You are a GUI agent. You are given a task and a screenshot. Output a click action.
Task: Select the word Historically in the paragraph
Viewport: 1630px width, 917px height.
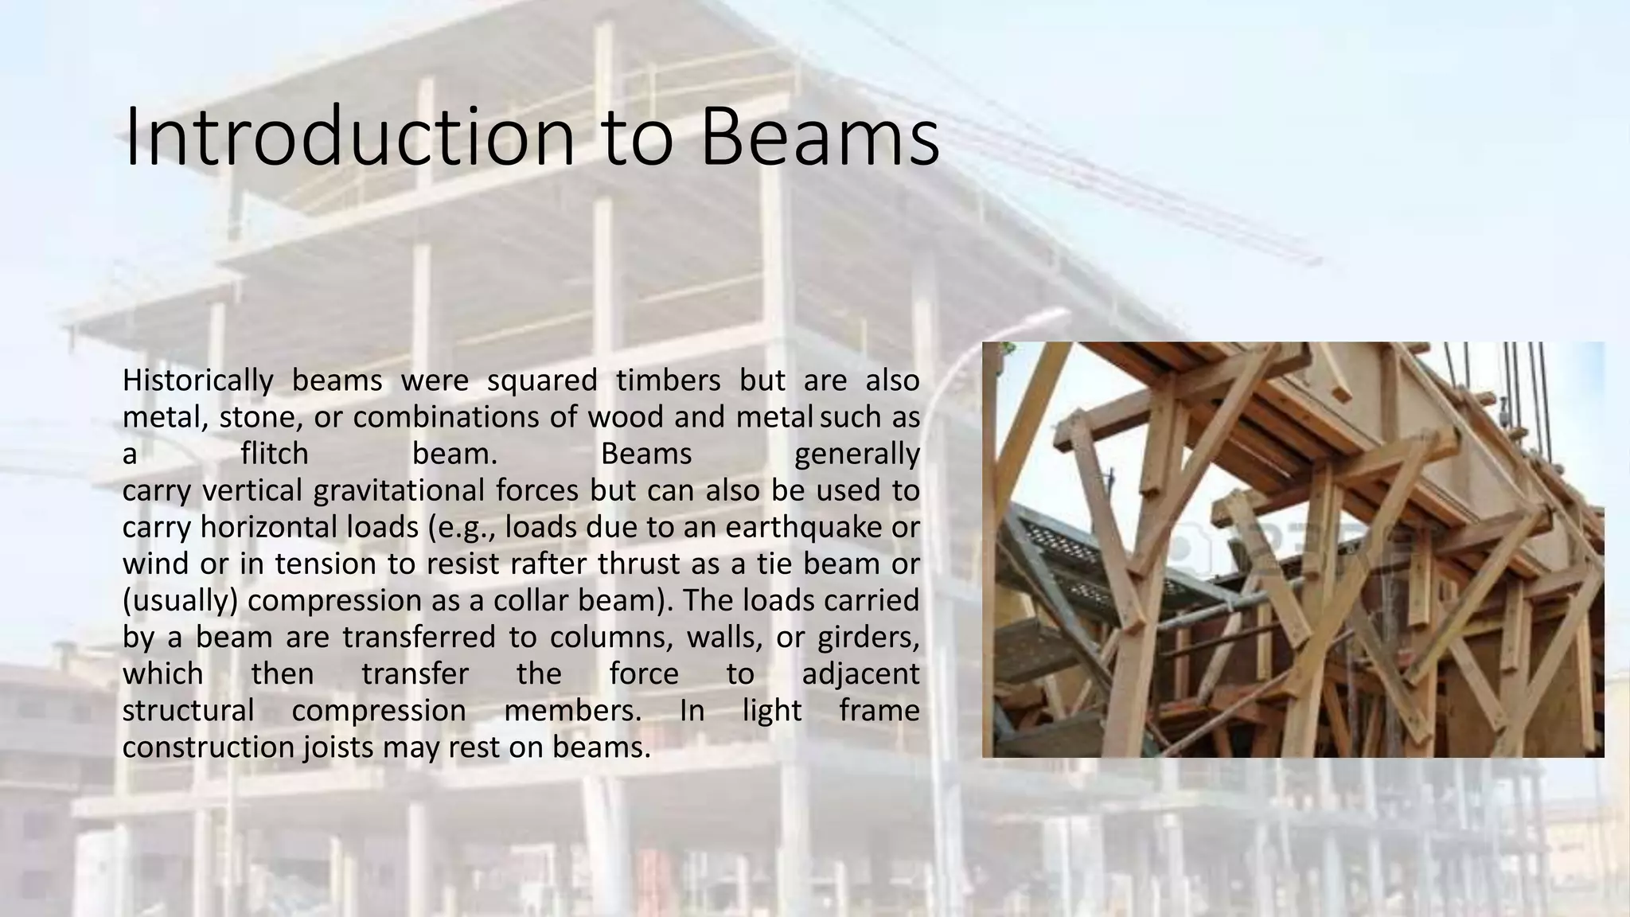[197, 380]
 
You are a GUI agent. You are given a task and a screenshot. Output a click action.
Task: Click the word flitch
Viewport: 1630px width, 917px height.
[274, 454]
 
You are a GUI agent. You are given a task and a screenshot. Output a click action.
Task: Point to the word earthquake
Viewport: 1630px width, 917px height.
[811, 527]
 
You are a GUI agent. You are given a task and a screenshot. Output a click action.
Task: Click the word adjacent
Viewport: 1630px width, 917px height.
[860, 673]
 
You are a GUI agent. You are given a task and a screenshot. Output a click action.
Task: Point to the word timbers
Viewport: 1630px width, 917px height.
[668, 380]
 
